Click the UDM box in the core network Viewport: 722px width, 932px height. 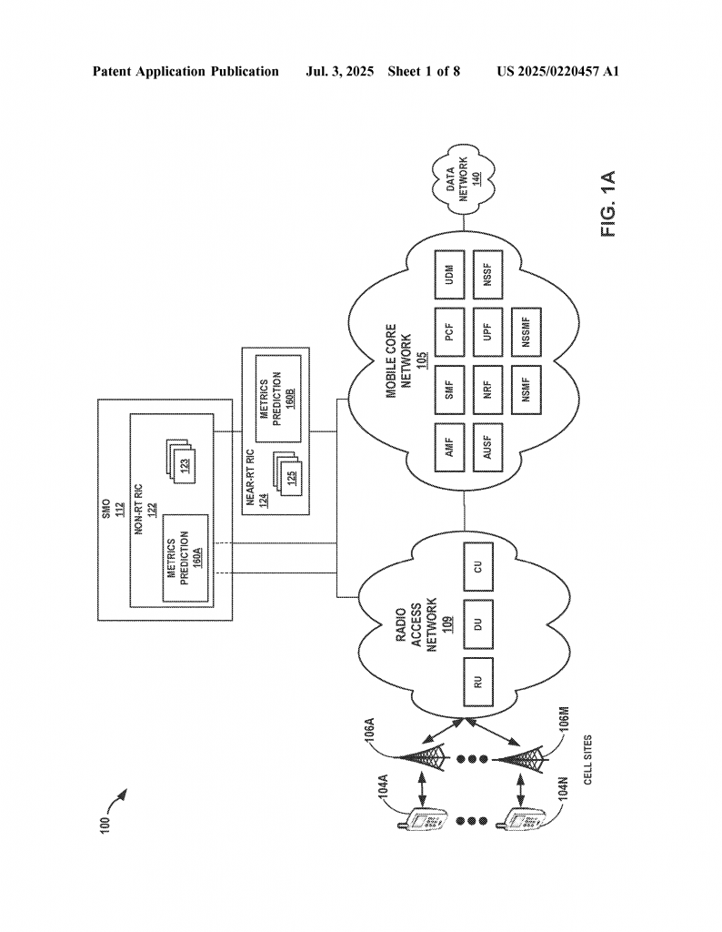(449, 274)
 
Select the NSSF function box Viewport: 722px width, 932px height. (487, 274)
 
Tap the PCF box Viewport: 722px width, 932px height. (449, 331)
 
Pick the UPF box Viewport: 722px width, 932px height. (487, 331)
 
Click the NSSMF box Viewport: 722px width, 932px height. (526, 331)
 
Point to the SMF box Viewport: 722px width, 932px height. (449, 390)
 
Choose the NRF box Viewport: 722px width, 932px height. (487, 390)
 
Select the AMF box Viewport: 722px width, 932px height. (449, 447)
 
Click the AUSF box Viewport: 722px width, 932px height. (487, 447)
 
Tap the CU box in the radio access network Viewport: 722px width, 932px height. (478, 566)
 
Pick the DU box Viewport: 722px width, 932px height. (478, 624)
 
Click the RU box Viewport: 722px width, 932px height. (478, 682)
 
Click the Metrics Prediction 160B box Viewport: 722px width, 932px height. (278, 399)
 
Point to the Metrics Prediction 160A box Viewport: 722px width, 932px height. (186, 558)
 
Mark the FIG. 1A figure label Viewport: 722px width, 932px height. (608, 204)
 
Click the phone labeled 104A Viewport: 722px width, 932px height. (422, 821)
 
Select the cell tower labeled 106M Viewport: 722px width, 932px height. (519, 758)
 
